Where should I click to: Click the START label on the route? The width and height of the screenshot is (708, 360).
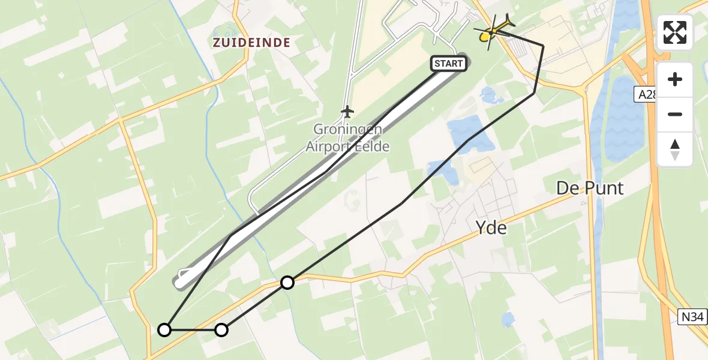(448, 64)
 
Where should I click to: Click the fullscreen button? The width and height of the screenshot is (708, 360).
(675, 32)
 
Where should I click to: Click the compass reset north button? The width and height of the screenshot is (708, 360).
(675, 149)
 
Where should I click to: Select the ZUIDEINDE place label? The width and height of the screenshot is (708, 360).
(251, 43)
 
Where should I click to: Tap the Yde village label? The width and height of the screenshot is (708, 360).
(491, 227)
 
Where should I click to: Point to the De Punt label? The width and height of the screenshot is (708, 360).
(590, 188)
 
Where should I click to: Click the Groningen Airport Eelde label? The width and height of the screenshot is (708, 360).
(347, 138)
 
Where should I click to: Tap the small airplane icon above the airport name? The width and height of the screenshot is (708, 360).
(347, 111)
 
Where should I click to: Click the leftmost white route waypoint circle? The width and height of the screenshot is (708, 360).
(164, 329)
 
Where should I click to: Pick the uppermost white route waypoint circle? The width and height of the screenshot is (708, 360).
(288, 282)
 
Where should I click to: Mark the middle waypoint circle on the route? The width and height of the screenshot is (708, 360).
(221, 329)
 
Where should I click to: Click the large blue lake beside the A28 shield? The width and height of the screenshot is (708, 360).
(624, 120)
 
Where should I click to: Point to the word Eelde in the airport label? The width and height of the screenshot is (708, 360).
(373, 146)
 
